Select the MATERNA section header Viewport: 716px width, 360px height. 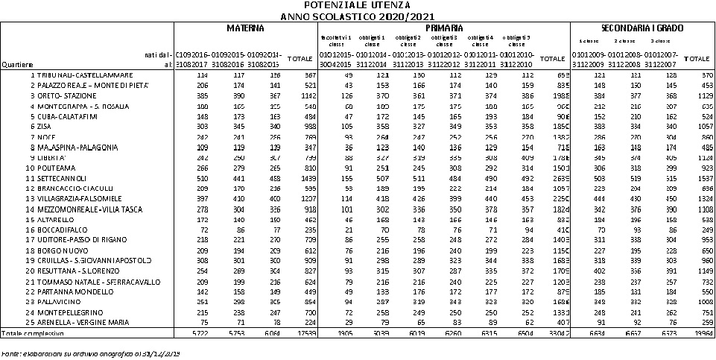click(245, 28)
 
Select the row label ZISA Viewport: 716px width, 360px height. click(45, 127)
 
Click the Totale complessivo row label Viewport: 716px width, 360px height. click(27, 332)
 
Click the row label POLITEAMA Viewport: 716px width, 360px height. click(53, 168)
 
